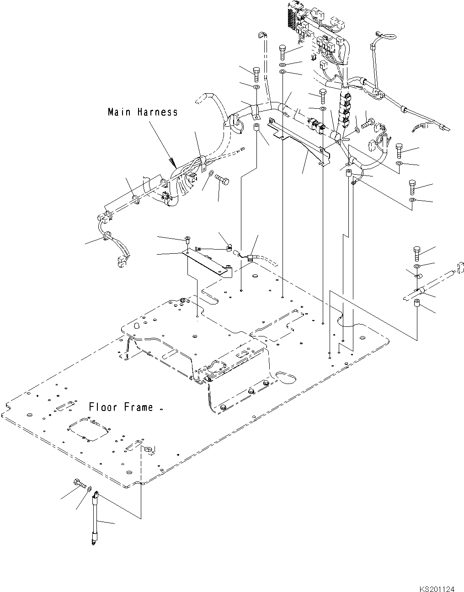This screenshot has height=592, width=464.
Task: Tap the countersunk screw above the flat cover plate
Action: point(188,238)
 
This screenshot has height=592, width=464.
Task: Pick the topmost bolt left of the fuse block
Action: point(283,51)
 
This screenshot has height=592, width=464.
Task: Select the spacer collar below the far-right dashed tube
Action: point(417,304)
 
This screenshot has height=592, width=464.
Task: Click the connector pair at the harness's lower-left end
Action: point(122,262)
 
